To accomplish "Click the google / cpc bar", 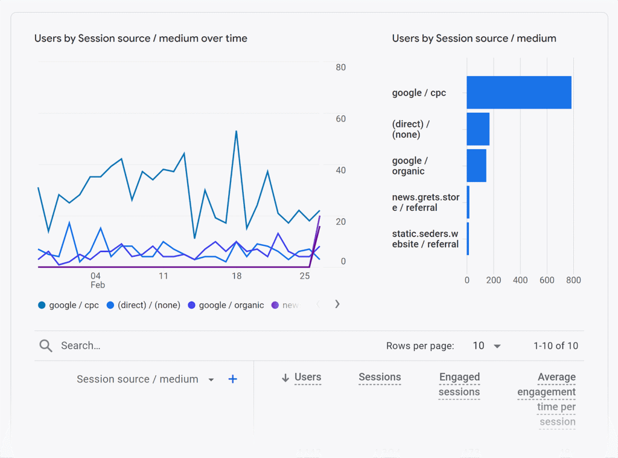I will (x=518, y=92).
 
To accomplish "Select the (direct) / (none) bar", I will (x=477, y=129).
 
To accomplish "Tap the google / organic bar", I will (x=476, y=166).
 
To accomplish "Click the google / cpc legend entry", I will (x=68, y=305).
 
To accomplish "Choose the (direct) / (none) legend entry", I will (x=144, y=305).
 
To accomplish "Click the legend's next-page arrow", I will (x=337, y=304).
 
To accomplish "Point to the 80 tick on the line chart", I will (x=341, y=67).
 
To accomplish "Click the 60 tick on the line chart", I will (x=341, y=118).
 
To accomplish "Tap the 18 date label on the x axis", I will (x=237, y=276).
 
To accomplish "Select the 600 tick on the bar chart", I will (x=547, y=280).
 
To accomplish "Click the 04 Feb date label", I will (x=97, y=280).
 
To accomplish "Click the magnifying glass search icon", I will (x=46, y=346).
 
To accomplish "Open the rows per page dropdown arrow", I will (x=497, y=346).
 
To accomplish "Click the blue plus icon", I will (x=232, y=379).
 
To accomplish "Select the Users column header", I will (x=307, y=377).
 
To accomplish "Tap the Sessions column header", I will (x=380, y=377).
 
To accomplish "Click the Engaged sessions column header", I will (x=459, y=384).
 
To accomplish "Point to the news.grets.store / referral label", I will (x=425, y=202).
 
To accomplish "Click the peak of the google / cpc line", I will (x=236, y=131).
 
